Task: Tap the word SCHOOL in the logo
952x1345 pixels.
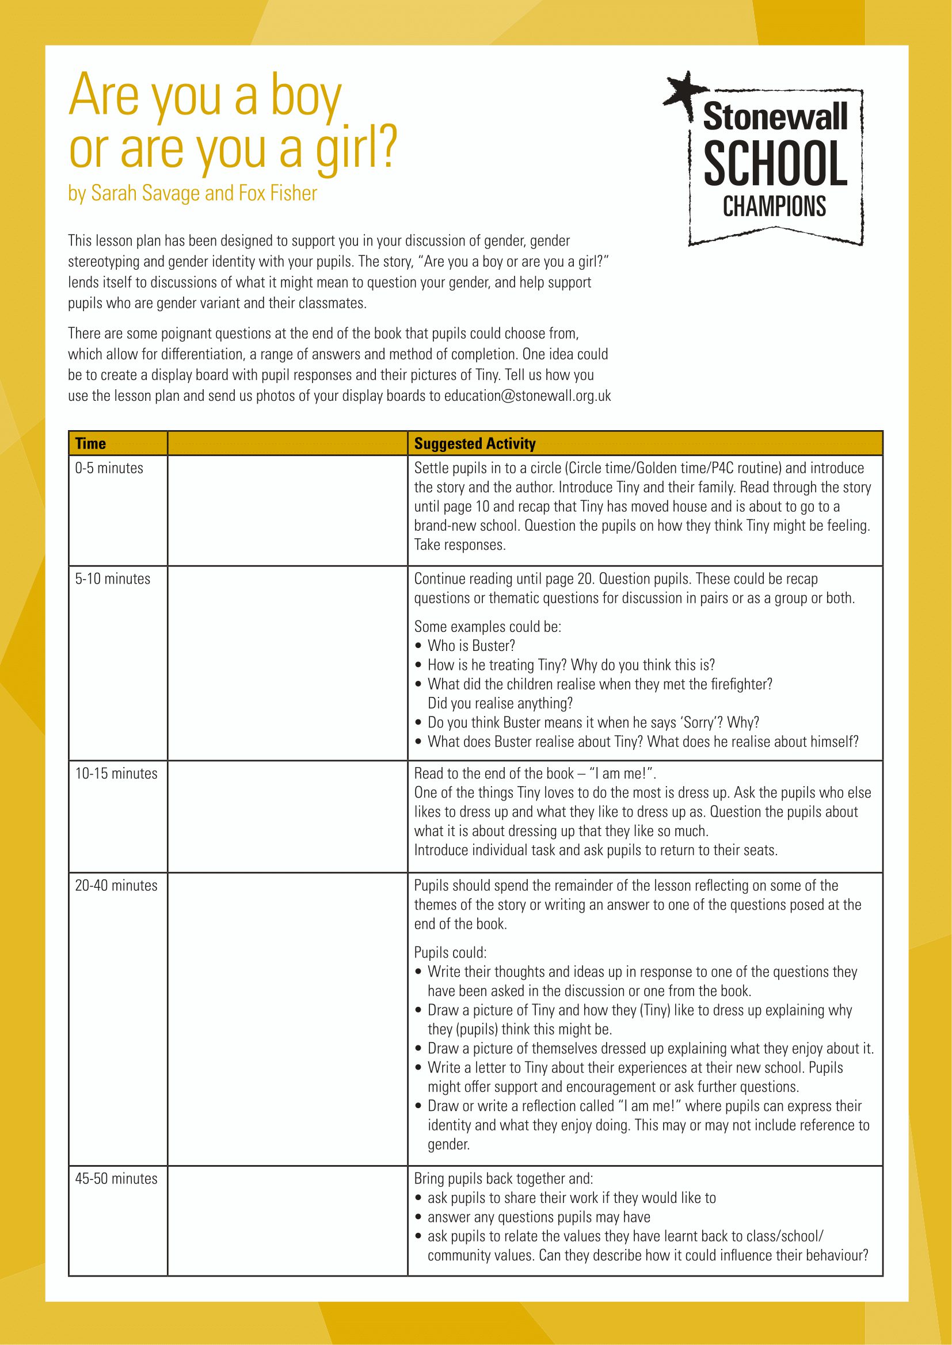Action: coord(775,163)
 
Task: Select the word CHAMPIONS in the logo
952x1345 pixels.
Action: coord(774,207)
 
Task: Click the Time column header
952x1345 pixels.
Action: coord(90,443)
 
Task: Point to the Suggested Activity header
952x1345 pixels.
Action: coord(475,443)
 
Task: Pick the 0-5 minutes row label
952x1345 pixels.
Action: coord(109,468)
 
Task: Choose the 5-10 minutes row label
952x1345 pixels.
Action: coord(113,579)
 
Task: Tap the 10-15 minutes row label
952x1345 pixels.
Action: coord(116,773)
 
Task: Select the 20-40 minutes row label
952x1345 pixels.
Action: coord(116,885)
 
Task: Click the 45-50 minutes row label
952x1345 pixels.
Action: coord(116,1179)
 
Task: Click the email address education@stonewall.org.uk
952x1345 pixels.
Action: coord(527,396)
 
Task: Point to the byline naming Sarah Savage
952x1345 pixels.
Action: coord(192,193)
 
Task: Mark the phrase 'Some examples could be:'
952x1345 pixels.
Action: coord(488,626)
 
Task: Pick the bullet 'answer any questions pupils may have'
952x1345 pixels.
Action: coord(539,1217)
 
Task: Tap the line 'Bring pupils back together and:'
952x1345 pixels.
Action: coord(504,1179)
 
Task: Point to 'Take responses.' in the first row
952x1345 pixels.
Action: coord(459,545)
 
